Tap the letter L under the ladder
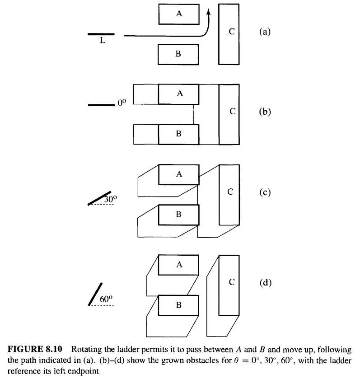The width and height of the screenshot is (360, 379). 103,40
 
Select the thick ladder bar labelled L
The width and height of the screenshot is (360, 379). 101,34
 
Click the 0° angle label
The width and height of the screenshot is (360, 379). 122,103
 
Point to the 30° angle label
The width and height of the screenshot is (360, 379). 111,199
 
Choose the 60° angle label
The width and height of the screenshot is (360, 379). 106,299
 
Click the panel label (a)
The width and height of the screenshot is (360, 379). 265,32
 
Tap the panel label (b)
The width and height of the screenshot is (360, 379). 265,112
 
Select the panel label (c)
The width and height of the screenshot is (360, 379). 265,192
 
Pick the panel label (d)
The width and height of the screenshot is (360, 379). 266,282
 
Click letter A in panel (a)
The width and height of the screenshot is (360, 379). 179,14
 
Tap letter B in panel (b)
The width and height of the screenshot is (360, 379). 179,133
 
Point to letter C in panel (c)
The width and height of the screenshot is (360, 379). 230,192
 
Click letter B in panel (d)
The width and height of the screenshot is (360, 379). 179,305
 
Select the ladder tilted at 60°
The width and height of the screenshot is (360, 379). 95,294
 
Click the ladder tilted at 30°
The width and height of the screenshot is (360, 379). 99,198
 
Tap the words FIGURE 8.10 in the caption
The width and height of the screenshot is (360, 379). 35,349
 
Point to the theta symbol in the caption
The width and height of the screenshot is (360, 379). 237,360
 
